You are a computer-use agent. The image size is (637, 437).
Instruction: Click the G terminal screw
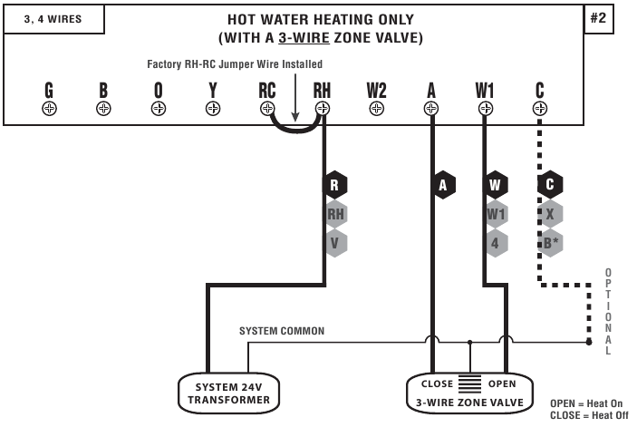point(49,108)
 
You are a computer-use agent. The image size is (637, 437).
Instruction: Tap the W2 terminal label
point(377,90)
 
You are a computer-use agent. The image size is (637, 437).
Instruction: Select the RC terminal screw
point(267,108)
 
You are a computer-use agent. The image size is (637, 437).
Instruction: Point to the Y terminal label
point(213,90)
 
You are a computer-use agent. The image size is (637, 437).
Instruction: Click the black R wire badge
point(335,184)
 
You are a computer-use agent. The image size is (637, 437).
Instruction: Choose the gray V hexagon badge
point(335,243)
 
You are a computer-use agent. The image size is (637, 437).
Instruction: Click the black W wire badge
point(495,184)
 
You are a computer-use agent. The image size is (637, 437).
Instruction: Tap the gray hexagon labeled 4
point(495,243)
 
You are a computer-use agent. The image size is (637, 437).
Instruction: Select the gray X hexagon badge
point(549,214)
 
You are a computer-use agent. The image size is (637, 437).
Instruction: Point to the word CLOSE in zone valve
point(438,384)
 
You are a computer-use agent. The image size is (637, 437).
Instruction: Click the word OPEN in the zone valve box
point(502,384)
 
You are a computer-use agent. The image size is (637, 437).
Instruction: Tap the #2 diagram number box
point(597,19)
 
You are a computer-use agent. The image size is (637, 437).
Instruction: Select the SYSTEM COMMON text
point(281,331)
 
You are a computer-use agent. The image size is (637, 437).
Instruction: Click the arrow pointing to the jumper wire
point(294,91)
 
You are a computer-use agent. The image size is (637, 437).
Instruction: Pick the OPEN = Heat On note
point(586,403)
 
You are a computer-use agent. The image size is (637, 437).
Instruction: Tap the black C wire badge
point(549,184)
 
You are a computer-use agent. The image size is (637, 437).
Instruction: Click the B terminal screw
point(103,108)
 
